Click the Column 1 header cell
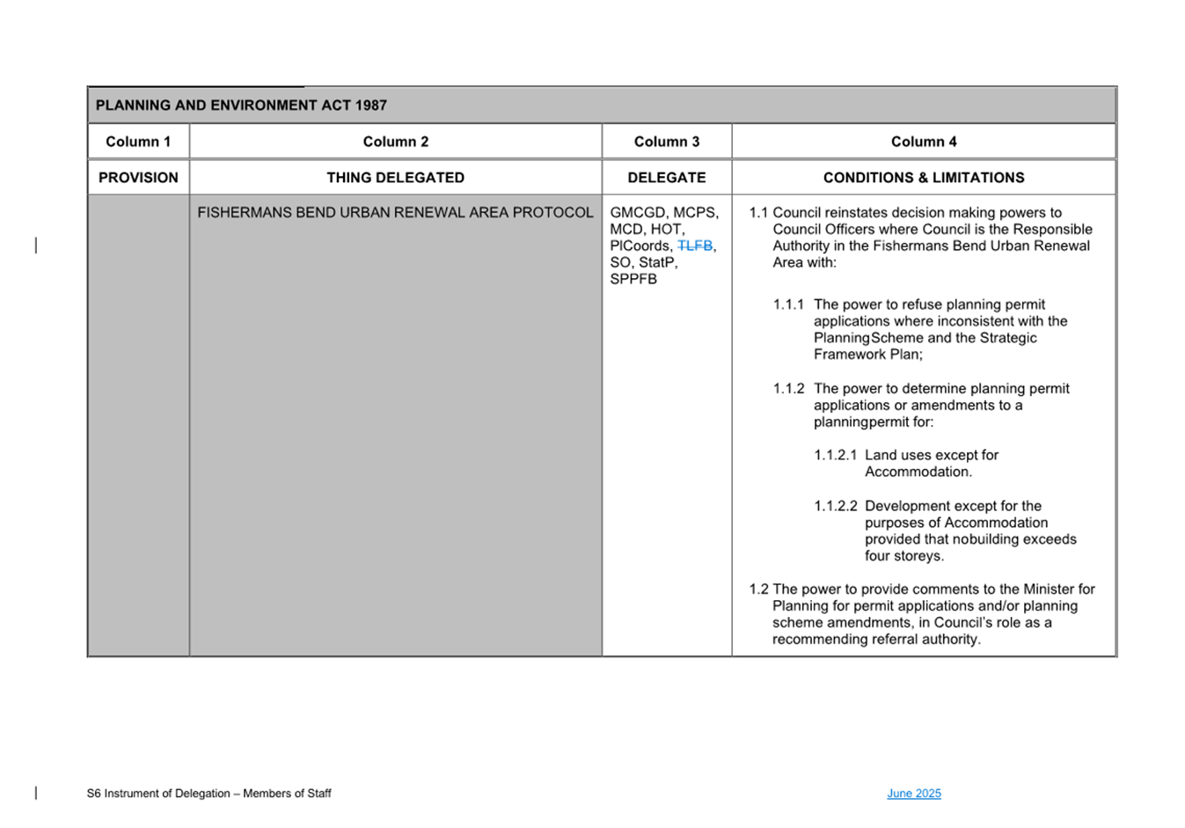(138, 142)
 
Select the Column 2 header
(396, 142)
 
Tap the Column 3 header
(667, 142)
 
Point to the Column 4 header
(924, 142)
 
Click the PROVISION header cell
(138, 178)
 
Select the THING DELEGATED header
(396, 178)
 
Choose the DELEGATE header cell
(667, 178)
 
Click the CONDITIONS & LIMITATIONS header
(924, 178)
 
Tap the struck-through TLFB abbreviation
(695, 246)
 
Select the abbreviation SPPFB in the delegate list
(633, 279)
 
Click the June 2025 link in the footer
(914, 794)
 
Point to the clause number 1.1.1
(788, 304)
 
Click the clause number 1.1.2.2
(835, 506)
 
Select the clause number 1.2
(758, 590)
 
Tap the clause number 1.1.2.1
(835, 455)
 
